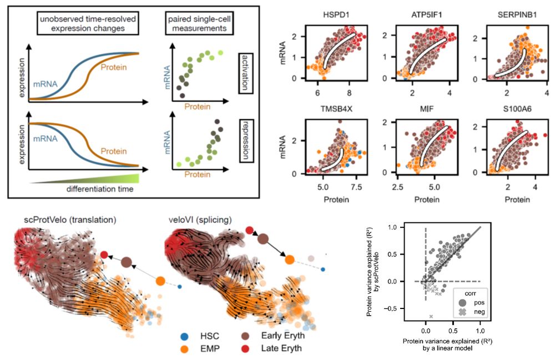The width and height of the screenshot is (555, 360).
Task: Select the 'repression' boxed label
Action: pyautogui.click(x=246, y=143)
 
